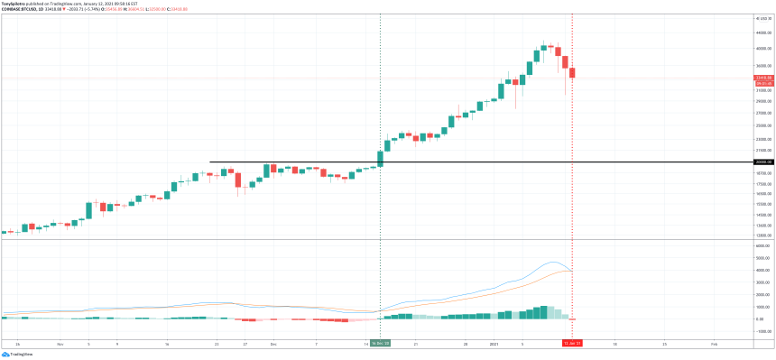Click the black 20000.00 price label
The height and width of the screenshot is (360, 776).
(762, 162)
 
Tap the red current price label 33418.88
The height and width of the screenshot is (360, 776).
(762, 78)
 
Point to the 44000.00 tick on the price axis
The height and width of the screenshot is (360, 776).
(762, 32)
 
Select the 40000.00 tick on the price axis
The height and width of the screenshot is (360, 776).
(762, 48)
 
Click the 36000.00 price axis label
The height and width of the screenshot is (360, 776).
(762, 65)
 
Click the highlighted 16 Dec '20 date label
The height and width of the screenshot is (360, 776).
(380, 344)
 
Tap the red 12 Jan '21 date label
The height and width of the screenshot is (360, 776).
(572, 344)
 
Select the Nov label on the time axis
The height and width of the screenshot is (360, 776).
(60, 344)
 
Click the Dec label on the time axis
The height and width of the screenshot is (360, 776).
(273, 344)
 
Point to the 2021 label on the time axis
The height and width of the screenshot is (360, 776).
(494, 344)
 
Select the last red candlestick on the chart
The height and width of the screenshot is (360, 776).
(572, 73)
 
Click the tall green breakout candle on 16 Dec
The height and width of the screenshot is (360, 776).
(380, 158)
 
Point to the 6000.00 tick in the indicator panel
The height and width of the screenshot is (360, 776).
(762, 245)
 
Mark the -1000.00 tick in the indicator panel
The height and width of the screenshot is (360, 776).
(762, 331)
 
